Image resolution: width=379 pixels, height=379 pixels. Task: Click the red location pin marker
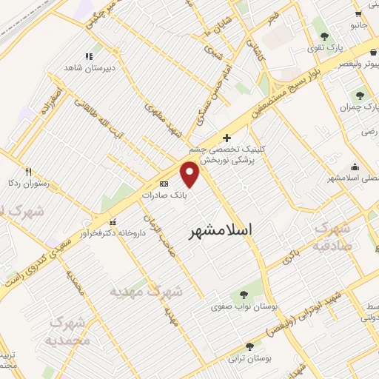coord(191,174)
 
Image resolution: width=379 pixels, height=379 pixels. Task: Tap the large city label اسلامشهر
coord(221,230)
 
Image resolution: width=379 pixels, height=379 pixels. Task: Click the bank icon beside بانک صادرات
coord(164,184)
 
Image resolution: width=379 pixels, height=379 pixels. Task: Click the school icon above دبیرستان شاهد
coord(90,55)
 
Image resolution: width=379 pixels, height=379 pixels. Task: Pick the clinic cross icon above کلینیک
coord(227,138)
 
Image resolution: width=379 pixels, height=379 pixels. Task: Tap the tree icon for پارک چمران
coord(360,95)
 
